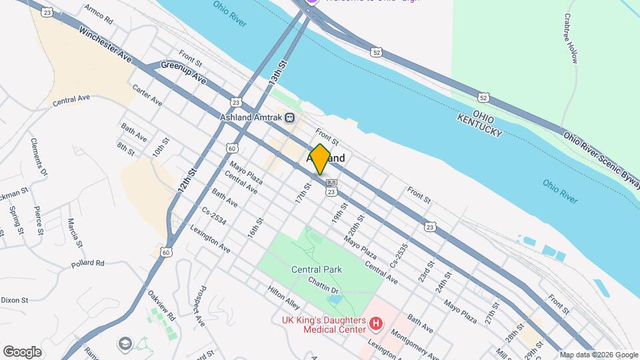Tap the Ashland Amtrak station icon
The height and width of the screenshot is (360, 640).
pos(289,118)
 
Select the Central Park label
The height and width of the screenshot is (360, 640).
pos(317,269)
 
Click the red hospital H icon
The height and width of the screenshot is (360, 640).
pos(376,325)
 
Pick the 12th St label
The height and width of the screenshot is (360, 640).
pos(188,181)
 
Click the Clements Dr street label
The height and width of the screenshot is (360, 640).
pos(39,157)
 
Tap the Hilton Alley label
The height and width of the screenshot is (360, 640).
pos(284,297)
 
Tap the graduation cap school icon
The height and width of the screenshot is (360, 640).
pos(125,343)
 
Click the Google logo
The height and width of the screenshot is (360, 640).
pos(22,352)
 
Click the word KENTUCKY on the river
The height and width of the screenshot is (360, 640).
pos(479,125)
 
